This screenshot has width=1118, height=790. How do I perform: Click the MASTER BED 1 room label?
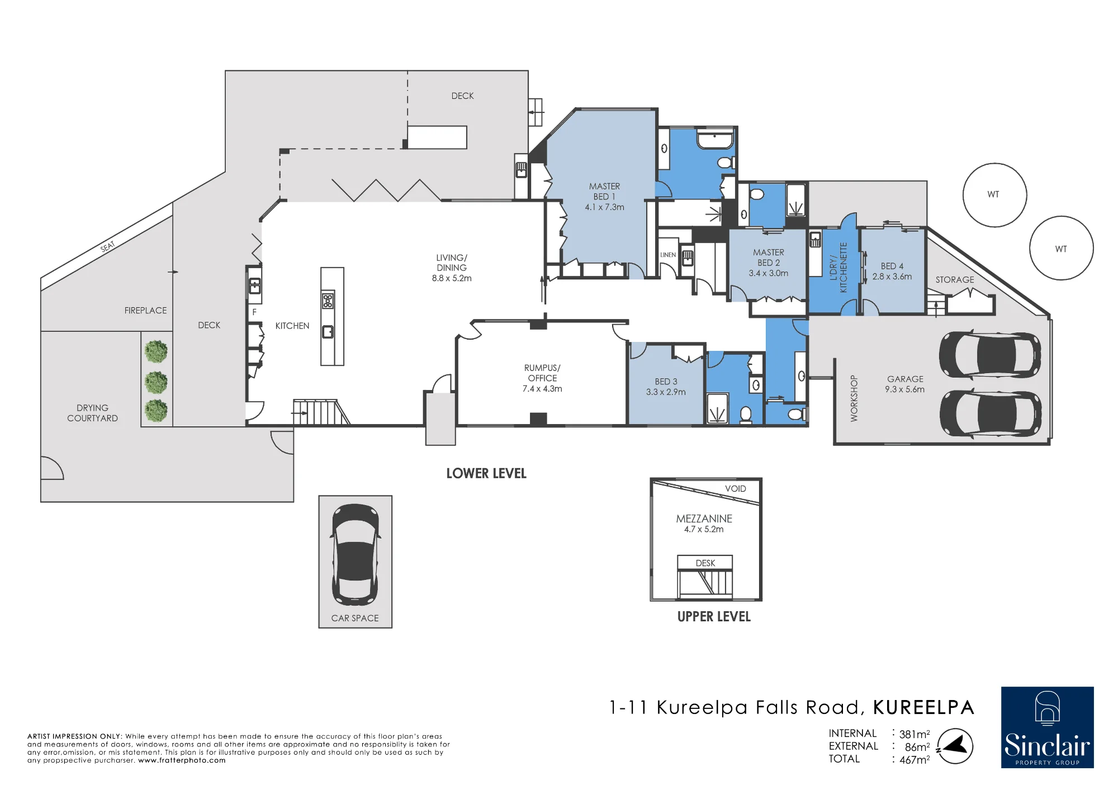pos(604,197)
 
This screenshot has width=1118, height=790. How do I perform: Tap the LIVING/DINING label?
pos(452,268)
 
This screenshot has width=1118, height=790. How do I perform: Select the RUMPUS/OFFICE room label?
pos(542,378)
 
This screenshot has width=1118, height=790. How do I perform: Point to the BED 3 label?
pos(666,387)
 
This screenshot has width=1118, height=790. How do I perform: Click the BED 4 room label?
pos(892,272)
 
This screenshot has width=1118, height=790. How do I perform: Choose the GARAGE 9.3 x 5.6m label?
pos(905,384)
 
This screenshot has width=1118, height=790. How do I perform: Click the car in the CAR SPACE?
pos(356,555)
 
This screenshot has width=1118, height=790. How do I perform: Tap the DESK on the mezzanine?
pos(705,563)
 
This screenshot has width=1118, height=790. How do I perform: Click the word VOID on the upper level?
pos(736,489)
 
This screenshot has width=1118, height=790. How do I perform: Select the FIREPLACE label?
pos(145,311)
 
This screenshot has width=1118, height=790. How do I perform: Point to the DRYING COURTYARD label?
pos(93,413)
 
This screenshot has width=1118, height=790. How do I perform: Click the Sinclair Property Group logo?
pos(1047,727)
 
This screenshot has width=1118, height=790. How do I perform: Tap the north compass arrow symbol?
pos(955,746)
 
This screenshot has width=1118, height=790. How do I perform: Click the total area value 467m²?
pos(915,760)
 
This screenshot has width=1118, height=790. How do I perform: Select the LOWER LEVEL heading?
pos(486,474)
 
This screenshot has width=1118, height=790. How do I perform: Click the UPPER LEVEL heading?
pos(714,617)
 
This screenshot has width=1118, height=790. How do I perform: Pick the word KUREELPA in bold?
pos(924,708)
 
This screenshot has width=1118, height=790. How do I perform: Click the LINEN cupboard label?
pos(668,255)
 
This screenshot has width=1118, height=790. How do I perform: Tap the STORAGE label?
pos(955,280)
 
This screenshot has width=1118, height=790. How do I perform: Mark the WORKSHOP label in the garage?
pos(854,398)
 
